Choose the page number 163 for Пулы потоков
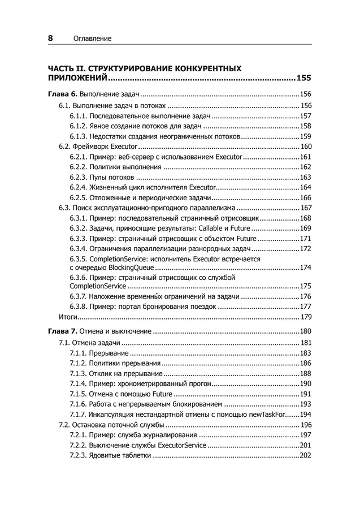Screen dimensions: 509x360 click(x=306, y=177)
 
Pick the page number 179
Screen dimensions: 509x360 click(x=306, y=316)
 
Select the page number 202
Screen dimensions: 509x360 click(x=306, y=456)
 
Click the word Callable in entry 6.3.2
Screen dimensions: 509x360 click(x=197, y=228)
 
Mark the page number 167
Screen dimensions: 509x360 click(x=306, y=208)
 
